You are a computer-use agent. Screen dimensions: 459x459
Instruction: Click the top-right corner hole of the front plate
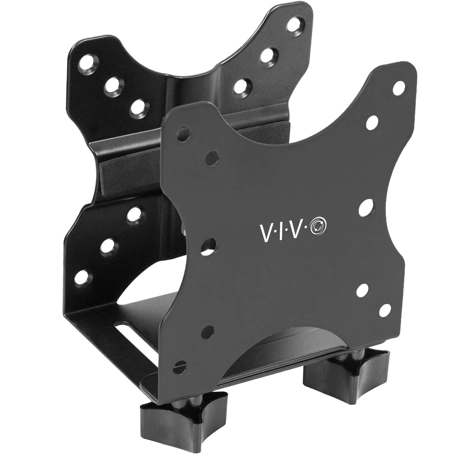pos(397,87)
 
